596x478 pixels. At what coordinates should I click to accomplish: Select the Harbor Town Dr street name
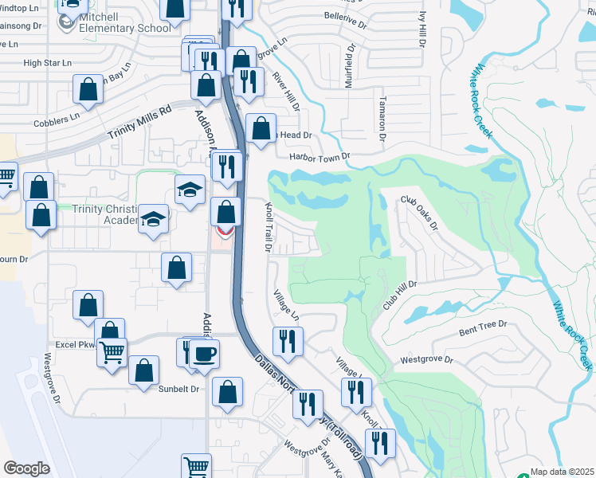pyautogui.click(x=319, y=157)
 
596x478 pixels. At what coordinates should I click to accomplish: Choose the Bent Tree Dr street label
pyautogui.click(x=483, y=330)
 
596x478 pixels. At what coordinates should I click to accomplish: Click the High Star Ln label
pyautogui.click(x=48, y=62)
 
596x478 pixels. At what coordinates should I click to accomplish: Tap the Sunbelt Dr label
pyautogui.click(x=183, y=390)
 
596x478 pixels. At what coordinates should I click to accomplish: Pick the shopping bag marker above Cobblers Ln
pyautogui.click(x=88, y=89)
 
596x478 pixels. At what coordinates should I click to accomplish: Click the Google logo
pyautogui.click(x=27, y=468)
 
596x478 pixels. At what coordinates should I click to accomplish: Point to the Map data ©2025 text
pyautogui.click(x=563, y=472)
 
